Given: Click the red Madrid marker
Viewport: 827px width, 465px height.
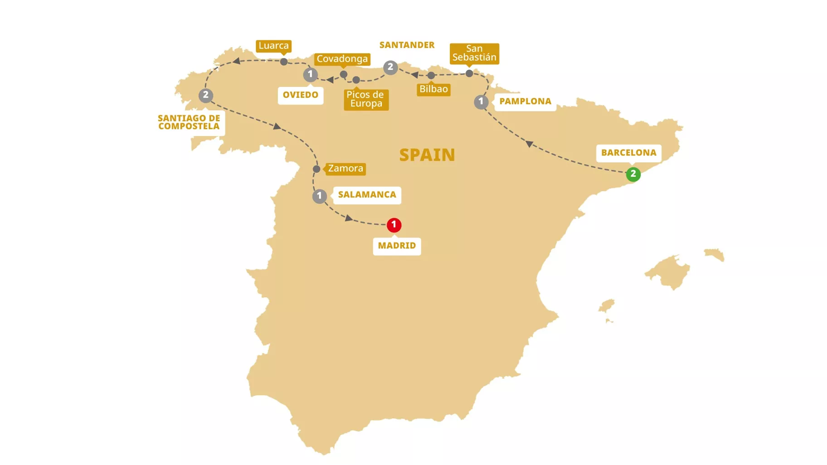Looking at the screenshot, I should coord(394,225).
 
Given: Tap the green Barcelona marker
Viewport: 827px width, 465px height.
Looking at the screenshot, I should coord(633,174).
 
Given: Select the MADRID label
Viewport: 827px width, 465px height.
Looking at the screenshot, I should coord(397,246).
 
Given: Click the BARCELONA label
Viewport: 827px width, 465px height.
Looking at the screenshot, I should coord(628,153).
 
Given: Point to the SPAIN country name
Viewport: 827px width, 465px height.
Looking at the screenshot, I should coord(427,155).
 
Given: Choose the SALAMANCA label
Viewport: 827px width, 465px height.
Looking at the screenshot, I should coord(367,195).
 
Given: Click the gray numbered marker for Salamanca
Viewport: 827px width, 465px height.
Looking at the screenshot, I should coord(319,196).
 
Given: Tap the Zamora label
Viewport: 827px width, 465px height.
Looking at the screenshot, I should coord(345,169).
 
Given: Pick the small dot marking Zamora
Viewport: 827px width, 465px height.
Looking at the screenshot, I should coord(316,169).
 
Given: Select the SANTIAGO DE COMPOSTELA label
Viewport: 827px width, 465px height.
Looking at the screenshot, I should coord(189,122).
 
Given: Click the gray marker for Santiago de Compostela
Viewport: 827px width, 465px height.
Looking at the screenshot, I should coord(206,96).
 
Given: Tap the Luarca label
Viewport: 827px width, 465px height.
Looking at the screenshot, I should coord(273,46).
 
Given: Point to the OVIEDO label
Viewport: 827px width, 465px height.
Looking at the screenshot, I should coord(300,95).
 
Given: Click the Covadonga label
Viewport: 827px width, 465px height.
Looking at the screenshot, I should coord(342,59).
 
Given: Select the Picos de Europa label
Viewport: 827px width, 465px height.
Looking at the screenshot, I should coord(365,99).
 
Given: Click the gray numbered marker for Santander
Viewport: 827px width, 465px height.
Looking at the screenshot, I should coord(390,68).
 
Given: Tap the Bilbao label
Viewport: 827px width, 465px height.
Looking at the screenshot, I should coord(433,89).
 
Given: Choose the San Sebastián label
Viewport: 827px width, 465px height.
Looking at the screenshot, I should coord(474,53).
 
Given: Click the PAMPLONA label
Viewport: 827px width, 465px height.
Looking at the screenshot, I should coord(525,102).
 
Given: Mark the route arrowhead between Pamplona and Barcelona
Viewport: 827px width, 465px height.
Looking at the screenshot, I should coord(529,144).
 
